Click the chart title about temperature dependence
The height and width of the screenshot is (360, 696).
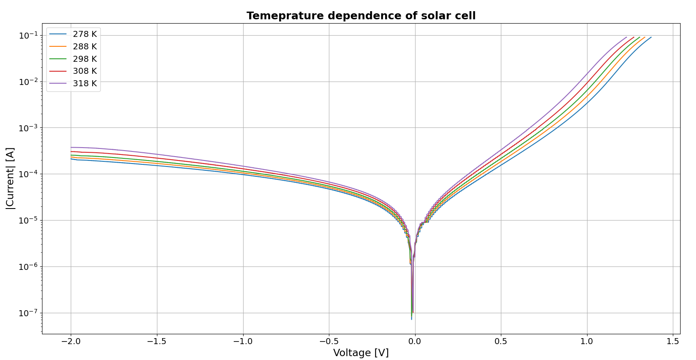point(361,16)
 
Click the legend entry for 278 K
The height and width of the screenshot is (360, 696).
point(84,34)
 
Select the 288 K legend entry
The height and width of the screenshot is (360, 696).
point(84,46)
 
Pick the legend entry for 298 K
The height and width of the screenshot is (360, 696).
point(84,59)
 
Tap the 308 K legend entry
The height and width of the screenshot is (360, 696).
point(84,71)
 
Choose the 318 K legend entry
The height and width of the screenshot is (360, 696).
point(84,83)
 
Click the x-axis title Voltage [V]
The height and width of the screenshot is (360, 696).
point(361,353)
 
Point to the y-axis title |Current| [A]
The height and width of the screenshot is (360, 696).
point(10,178)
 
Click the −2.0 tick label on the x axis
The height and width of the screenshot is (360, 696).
point(71,342)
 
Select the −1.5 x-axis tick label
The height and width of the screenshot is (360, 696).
point(157,342)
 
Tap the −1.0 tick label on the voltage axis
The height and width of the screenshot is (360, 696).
point(243,342)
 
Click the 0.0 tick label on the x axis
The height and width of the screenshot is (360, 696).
point(415,342)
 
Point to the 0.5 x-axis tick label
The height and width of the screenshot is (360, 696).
point(501,342)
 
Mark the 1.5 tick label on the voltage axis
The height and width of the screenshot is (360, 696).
point(673,342)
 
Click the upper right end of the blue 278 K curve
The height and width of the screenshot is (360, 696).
point(651,37)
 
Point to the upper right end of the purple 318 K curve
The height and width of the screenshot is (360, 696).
point(627,37)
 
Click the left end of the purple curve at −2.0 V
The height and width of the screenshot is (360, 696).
point(71,147)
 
